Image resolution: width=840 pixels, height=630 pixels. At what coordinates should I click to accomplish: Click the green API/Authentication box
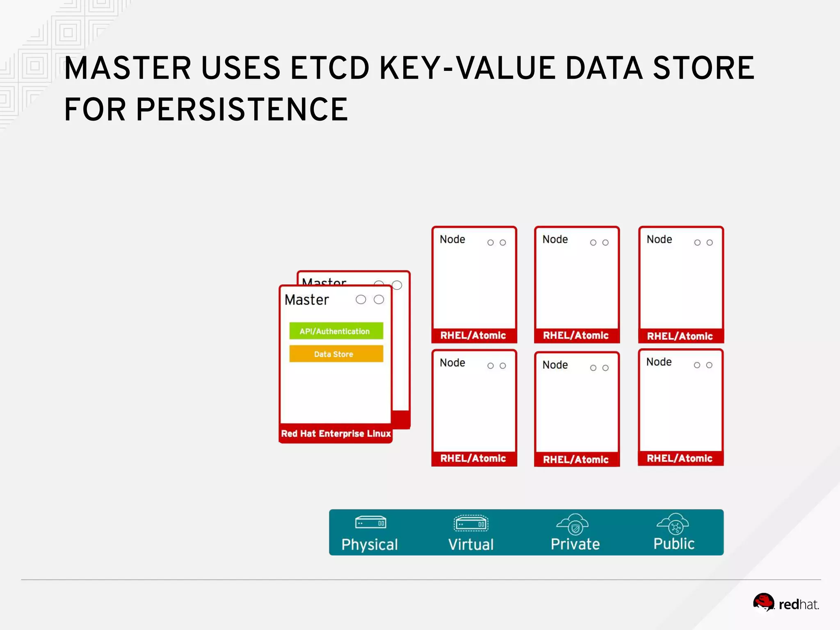pos(336,331)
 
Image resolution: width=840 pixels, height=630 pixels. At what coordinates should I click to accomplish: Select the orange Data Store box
pos(336,354)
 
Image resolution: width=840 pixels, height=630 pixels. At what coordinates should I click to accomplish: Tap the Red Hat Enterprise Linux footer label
pos(336,434)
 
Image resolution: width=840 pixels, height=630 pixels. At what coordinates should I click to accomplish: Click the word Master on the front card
pos(307,300)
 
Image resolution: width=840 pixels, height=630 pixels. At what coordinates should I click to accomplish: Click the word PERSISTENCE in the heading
pos(242,110)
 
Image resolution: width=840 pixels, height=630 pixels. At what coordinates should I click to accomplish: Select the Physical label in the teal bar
pos(370,544)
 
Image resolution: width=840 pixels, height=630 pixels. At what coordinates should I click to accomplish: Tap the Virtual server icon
pos(471,523)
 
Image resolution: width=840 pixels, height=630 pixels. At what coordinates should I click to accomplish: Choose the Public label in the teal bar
pos(674,543)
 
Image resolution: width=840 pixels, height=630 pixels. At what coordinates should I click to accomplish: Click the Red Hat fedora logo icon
pos(763,602)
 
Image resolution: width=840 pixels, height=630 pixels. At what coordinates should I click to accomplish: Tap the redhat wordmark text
pos(798,605)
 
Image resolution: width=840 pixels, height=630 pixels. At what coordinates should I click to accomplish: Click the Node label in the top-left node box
pos(452,239)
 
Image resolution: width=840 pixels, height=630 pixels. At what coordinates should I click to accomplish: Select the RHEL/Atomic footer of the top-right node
pos(680,336)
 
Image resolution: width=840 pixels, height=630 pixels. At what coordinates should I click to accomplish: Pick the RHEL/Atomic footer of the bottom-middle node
pos(576,459)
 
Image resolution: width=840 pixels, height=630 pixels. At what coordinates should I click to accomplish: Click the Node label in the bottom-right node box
pos(659,362)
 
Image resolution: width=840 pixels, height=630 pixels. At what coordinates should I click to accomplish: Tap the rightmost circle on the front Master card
pos(379,299)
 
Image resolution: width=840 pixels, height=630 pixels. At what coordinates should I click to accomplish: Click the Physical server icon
pos(370,523)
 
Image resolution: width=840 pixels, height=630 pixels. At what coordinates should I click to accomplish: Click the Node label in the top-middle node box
pos(555,239)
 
